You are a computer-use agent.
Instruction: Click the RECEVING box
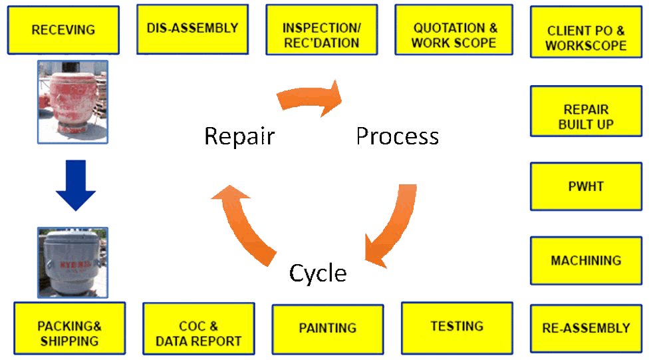(x=63, y=30)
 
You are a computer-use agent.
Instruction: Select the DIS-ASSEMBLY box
(x=192, y=29)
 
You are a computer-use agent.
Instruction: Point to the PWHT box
(x=586, y=186)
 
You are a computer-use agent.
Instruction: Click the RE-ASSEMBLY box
(x=586, y=328)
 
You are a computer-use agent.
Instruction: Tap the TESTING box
(x=457, y=327)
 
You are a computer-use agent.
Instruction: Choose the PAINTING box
(x=328, y=328)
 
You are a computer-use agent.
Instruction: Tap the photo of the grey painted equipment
(x=72, y=262)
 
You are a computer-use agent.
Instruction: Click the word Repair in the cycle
(x=239, y=136)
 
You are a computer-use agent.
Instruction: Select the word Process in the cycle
(x=397, y=136)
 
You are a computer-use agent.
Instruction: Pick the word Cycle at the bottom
(x=318, y=273)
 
